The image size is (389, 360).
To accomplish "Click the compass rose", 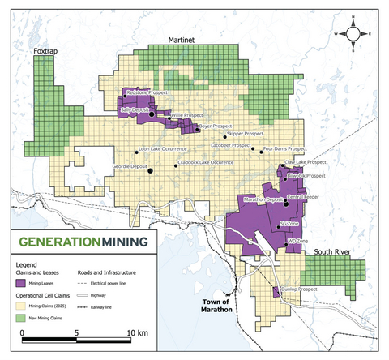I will coord(355,33).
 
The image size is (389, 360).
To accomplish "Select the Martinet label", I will coord(184,39).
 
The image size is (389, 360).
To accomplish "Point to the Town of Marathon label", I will coord(216,306).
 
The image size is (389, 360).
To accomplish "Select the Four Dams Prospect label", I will coord(285,149).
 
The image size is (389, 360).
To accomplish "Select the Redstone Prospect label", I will coord(149,94).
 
